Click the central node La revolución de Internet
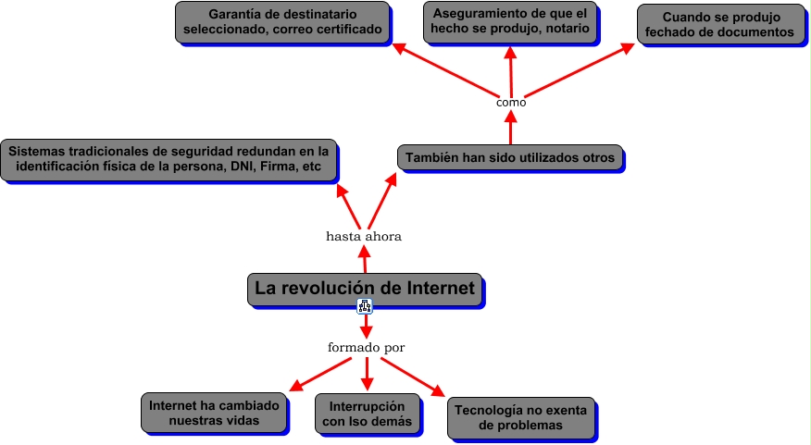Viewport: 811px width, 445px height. (x=365, y=289)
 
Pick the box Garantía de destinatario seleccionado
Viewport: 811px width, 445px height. (x=282, y=23)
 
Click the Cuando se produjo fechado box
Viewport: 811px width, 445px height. (x=721, y=24)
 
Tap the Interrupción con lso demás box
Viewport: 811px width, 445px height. (x=367, y=414)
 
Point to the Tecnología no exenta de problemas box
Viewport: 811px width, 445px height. (x=520, y=417)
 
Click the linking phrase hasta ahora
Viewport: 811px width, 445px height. (x=364, y=236)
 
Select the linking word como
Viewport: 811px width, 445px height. (x=511, y=103)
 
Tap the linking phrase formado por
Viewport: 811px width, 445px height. (x=367, y=348)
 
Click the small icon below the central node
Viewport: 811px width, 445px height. (x=365, y=308)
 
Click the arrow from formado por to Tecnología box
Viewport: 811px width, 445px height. (x=415, y=376)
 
